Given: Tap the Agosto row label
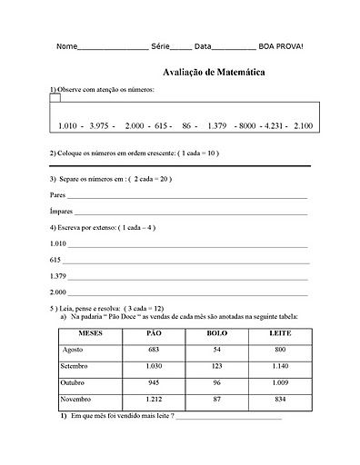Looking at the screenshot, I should tap(73, 350).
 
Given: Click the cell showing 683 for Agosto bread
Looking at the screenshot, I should tap(154, 350).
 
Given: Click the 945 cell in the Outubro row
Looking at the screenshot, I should tap(154, 382).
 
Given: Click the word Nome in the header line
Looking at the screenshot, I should tap(66, 46).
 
